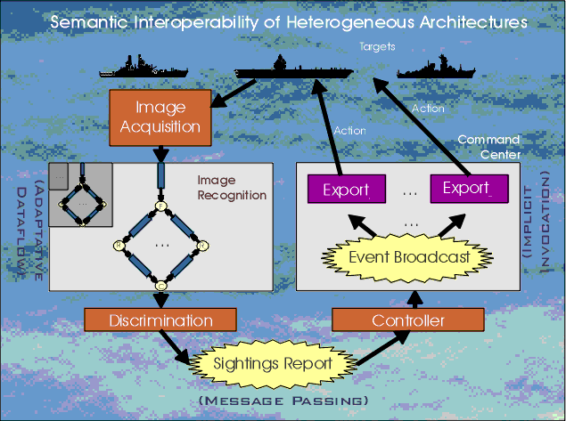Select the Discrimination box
[x=160, y=320]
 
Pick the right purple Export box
[x=468, y=189]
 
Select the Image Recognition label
[x=232, y=187]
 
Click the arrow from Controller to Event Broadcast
[x=411, y=296]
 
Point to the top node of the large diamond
[x=161, y=206]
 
